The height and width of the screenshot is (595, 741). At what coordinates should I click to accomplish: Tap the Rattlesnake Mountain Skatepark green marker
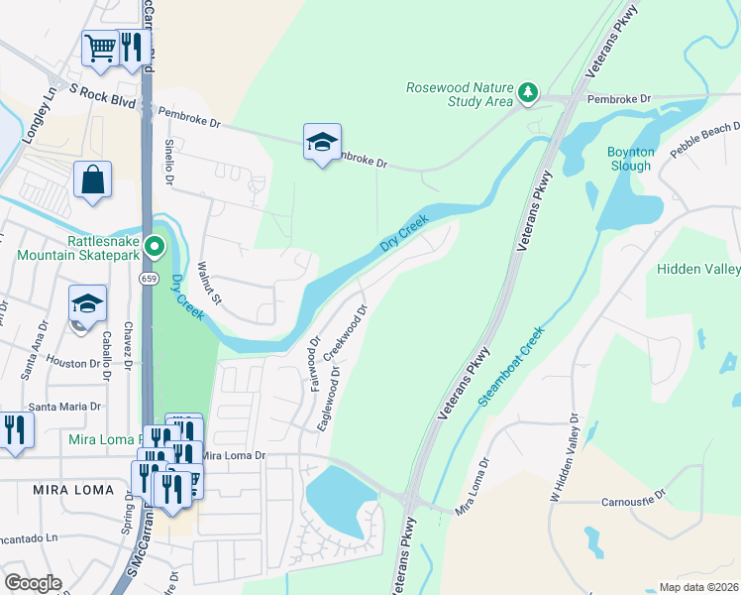(154, 246)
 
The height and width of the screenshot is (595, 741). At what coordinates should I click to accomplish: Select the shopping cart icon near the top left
(99, 47)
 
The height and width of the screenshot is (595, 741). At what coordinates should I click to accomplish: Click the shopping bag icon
(93, 179)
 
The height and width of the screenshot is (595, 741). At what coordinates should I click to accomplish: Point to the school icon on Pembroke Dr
(322, 142)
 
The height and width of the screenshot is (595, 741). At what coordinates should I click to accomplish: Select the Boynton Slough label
(631, 159)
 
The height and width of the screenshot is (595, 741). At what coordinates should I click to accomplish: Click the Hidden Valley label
(698, 269)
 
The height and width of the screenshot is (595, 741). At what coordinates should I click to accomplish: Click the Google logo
(32, 582)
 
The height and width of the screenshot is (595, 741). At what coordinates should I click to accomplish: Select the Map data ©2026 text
(697, 587)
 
